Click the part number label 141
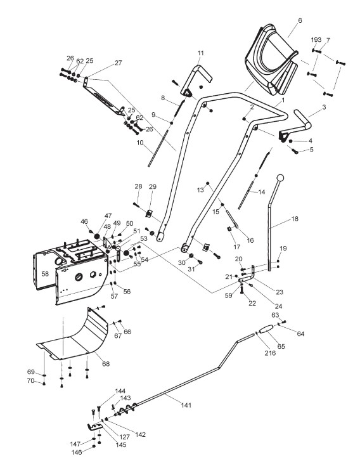pos(186,405)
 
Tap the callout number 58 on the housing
pos(45,274)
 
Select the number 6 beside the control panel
pos(300,20)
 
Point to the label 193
pos(316,40)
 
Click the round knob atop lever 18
pos(280,178)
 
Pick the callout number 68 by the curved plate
pos(106,364)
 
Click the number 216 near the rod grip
pos(270,353)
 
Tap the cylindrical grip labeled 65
pos(266,329)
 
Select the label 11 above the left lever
pos(201,53)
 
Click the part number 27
pos(118,63)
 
